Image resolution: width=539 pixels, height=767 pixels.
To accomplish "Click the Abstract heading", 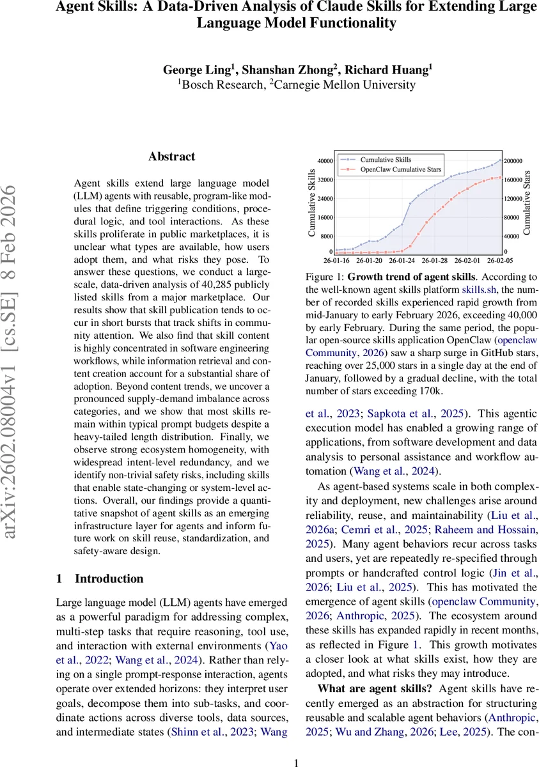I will (x=171, y=157).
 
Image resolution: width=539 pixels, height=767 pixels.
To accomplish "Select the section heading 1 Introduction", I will (x=100, y=578).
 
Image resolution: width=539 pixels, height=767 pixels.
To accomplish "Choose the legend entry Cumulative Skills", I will (x=386, y=159).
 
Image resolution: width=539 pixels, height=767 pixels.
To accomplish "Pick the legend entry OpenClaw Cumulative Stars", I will (x=401, y=169).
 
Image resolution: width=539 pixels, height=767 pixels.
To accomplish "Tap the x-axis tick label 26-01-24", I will (x=402, y=261).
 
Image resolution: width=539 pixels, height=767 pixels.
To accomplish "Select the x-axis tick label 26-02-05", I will (x=500, y=261).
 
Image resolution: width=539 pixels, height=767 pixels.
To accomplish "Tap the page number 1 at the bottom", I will (x=295, y=763).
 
